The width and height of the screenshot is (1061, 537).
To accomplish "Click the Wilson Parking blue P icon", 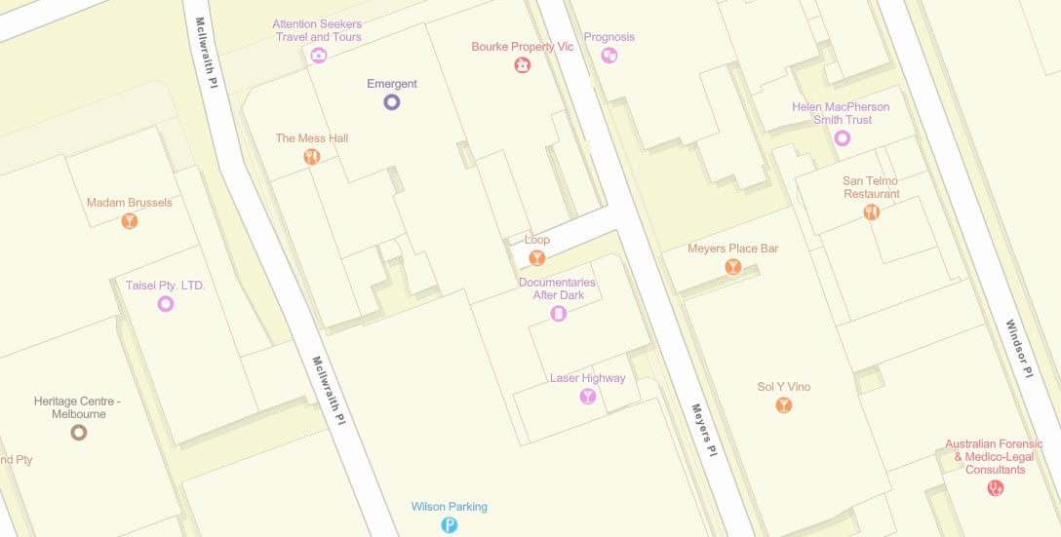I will pyautogui.click(x=450, y=525).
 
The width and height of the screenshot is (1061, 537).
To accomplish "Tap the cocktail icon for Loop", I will pyautogui.click(x=536, y=258).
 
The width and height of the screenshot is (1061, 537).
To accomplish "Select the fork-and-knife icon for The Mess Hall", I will pyautogui.click(x=312, y=156).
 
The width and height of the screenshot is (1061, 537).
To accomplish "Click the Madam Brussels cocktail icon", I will pyautogui.click(x=130, y=221).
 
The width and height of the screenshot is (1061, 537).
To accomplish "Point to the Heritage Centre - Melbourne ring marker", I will pyautogui.click(x=78, y=432).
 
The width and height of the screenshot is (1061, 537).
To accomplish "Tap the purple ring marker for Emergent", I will pyautogui.click(x=392, y=101).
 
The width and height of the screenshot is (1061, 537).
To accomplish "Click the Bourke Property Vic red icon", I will pyautogui.click(x=523, y=65).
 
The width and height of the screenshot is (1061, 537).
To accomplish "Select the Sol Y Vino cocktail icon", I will pyautogui.click(x=784, y=405).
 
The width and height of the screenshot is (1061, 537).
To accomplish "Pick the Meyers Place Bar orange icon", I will pyautogui.click(x=733, y=267).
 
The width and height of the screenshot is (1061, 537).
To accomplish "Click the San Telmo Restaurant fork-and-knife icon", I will pyautogui.click(x=872, y=212).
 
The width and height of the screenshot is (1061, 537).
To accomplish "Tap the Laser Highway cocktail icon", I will pyautogui.click(x=587, y=396).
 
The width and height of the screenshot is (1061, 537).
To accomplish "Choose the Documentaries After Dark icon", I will pyautogui.click(x=559, y=314).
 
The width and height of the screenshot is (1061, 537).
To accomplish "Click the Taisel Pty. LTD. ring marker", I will pyautogui.click(x=166, y=304).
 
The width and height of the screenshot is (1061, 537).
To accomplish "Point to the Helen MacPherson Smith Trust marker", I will pyautogui.click(x=843, y=138).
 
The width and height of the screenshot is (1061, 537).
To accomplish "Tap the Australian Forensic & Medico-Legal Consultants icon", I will pyautogui.click(x=996, y=488).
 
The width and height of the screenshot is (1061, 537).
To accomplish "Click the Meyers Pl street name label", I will pyautogui.click(x=704, y=430).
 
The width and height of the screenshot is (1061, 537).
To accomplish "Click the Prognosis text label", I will pyautogui.click(x=609, y=37).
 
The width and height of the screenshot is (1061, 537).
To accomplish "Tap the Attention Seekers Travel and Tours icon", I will pyautogui.click(x=318, y=56).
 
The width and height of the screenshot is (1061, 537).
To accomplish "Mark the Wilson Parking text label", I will pyautogui.click(x=450, y=507).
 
